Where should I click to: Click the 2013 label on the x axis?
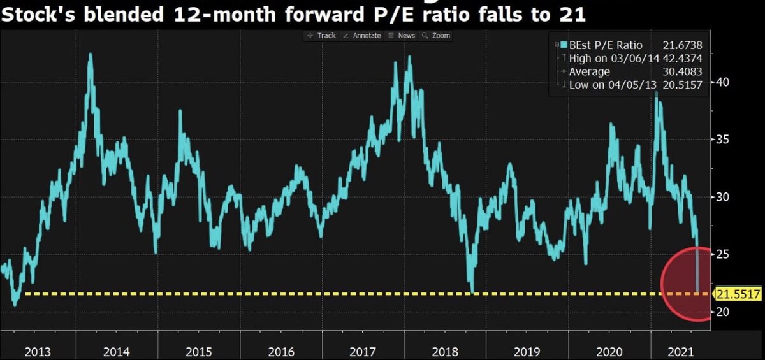38,351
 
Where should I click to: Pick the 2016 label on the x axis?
281,351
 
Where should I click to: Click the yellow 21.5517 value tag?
738,294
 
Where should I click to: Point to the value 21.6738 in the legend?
681,45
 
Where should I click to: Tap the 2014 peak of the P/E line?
91,54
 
